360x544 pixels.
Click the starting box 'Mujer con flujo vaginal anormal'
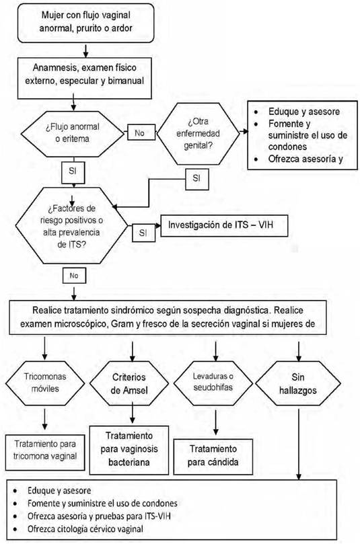click(85, 23)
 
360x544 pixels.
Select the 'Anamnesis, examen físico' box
click(85, 78)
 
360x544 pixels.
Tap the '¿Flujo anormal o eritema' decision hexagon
click(72, 134)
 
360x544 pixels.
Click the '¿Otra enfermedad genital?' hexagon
click(199, 133)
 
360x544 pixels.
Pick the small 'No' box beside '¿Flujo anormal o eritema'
click(141, 132)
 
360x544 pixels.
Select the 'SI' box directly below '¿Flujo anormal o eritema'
click(73, 171)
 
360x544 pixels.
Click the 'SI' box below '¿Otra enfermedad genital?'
click(197, 179)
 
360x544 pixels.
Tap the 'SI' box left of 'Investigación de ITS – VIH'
click(143, 233)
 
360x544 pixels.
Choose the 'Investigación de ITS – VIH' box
click(224, 225)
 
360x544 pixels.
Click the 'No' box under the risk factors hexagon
click(74, 276)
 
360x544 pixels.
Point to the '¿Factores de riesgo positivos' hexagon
click(71, 225)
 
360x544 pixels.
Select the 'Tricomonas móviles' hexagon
click(45, 383)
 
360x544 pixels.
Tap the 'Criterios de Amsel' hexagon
click(129, 384)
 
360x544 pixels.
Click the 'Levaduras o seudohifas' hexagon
click(213, 383)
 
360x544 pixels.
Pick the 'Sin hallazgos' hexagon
click(298, 383)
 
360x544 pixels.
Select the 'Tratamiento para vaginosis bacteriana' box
click(129, 450)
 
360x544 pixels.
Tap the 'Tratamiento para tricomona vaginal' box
click(45, 452)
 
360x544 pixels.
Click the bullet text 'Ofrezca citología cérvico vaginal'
click(85, 529)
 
